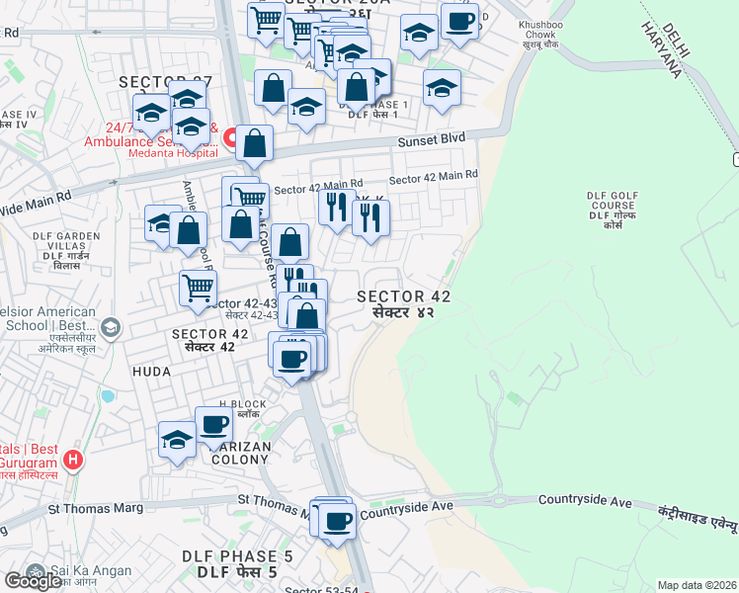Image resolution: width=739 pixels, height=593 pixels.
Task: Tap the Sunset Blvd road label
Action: click(431, 141)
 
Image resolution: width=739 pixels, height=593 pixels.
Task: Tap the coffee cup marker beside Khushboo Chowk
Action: click(459, 23)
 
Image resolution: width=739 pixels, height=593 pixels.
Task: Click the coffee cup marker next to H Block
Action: click(214, 426)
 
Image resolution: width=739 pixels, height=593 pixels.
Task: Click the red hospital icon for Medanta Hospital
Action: click(229, 136)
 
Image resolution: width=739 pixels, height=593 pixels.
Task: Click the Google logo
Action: click(33, 581)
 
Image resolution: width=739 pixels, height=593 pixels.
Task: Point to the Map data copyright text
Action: click(698, 585)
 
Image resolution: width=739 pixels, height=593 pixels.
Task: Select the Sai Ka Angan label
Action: click(84, 571)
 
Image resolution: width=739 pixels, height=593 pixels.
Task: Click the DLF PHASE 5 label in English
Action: click(237, 556)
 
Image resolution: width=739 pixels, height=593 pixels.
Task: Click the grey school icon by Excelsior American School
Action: click(111, 326)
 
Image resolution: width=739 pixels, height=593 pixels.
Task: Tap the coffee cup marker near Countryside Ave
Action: click(337, 521)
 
